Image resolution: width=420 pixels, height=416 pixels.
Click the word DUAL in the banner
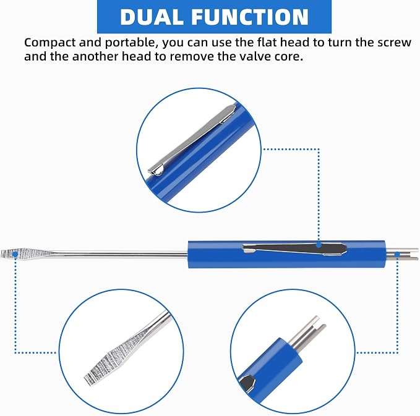(152, 17)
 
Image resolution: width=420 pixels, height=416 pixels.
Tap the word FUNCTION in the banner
(250, 17)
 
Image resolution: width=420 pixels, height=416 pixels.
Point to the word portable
(130, 43)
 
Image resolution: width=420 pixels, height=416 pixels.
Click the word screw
(394, 43)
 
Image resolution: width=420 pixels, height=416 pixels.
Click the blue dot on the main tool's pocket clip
(319, 245)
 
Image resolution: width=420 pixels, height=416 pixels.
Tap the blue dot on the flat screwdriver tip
(15, 254)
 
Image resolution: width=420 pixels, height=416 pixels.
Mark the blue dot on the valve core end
(398, 255)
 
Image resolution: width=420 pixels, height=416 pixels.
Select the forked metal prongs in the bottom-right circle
(307, 333)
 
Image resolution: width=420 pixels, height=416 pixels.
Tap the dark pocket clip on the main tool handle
(294, 248)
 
